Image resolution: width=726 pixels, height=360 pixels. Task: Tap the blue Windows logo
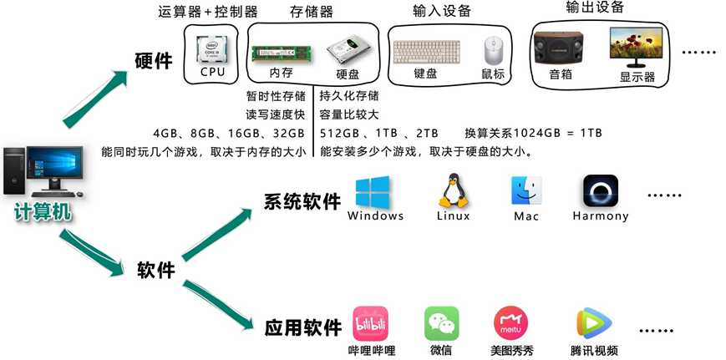[x=373, y=191]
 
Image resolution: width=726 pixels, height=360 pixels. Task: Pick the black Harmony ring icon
[x=600, y=191]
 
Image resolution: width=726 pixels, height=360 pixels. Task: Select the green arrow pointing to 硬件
[x=95, y=100]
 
